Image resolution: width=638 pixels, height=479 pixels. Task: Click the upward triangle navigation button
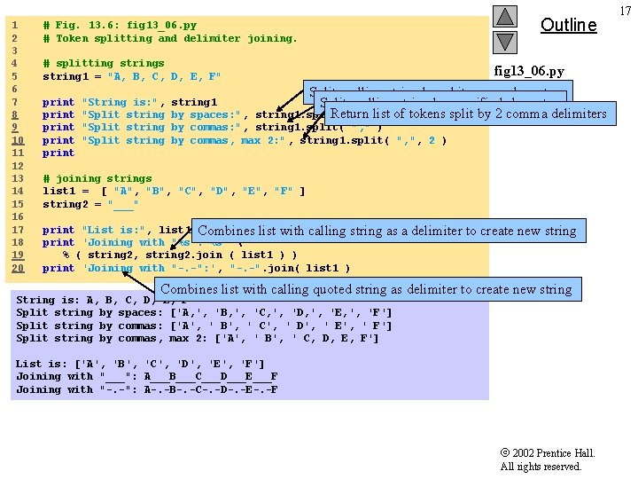504,17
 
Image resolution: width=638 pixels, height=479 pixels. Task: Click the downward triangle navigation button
504,42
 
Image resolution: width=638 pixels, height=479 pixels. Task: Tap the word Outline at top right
568,25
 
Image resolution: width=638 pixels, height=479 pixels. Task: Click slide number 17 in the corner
626,11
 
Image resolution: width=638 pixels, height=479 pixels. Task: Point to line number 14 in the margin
15,191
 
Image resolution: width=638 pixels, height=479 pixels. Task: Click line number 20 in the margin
15,268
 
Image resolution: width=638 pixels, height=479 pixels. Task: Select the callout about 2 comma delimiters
468,114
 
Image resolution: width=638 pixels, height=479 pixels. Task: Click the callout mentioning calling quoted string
366,289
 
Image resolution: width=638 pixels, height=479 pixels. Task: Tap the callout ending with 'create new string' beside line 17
387,231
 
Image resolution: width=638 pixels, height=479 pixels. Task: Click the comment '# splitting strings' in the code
104,63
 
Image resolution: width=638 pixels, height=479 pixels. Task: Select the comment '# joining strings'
97,178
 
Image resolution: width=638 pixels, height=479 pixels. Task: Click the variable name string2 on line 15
65,204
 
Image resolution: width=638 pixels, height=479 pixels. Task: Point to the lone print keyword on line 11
58,153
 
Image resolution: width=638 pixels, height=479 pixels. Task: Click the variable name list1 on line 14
58,191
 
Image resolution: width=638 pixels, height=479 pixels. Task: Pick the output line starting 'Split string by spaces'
204,312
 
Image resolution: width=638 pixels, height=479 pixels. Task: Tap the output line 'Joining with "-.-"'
146,389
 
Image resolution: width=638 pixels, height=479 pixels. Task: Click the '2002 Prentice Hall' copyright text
548,453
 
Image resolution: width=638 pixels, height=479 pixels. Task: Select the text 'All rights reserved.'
541,467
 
